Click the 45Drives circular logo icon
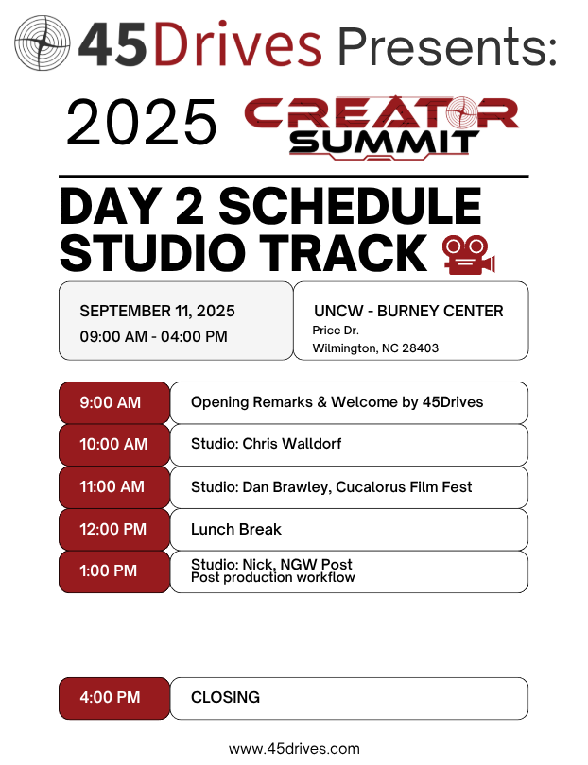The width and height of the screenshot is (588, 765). pyautogui.click(x=42, y=42)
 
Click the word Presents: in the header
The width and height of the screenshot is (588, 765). pyautogui.click(x=447, y=46)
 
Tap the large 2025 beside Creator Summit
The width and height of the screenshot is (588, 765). pyautogui.click(x=141, y=122)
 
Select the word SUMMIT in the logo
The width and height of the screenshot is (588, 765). pyautogui.click(x=384, y=143)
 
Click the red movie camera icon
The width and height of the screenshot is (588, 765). pyautogui.click(x=468, y=254)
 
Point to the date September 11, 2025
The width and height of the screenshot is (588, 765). pyautogui.click(x=157, y=311)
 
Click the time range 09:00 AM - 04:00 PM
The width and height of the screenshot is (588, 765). pyautogui.click(x=153, y=336)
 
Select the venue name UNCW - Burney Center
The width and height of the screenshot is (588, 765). pyautogui.click(x=408, y=311)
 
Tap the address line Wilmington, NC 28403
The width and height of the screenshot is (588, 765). pyautogui.click(x=375, y=348)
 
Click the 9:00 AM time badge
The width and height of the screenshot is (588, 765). pyautogui.click(x=114, y=402)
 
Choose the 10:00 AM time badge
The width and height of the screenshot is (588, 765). pyautogui.click(x=114, y=445)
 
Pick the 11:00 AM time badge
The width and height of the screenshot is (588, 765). pyautogui.click(x=114, y=487)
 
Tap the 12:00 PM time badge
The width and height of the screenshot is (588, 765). pyautogui.click(x=114, y=529)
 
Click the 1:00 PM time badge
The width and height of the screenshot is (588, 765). pyautogui.click(x=114, y=571)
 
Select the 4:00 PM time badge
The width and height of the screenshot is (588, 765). pyautogui.click(x=114, y=698)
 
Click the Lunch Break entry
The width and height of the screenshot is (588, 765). pyautogui.click(x=236, y=529)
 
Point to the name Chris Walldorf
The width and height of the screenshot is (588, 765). pyautogui.click(x=291, y=444)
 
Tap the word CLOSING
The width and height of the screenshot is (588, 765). pyautogui.click(x=225, y=697)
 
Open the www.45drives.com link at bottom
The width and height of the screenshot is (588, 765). pyautogui.click(x=294, y=749)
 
